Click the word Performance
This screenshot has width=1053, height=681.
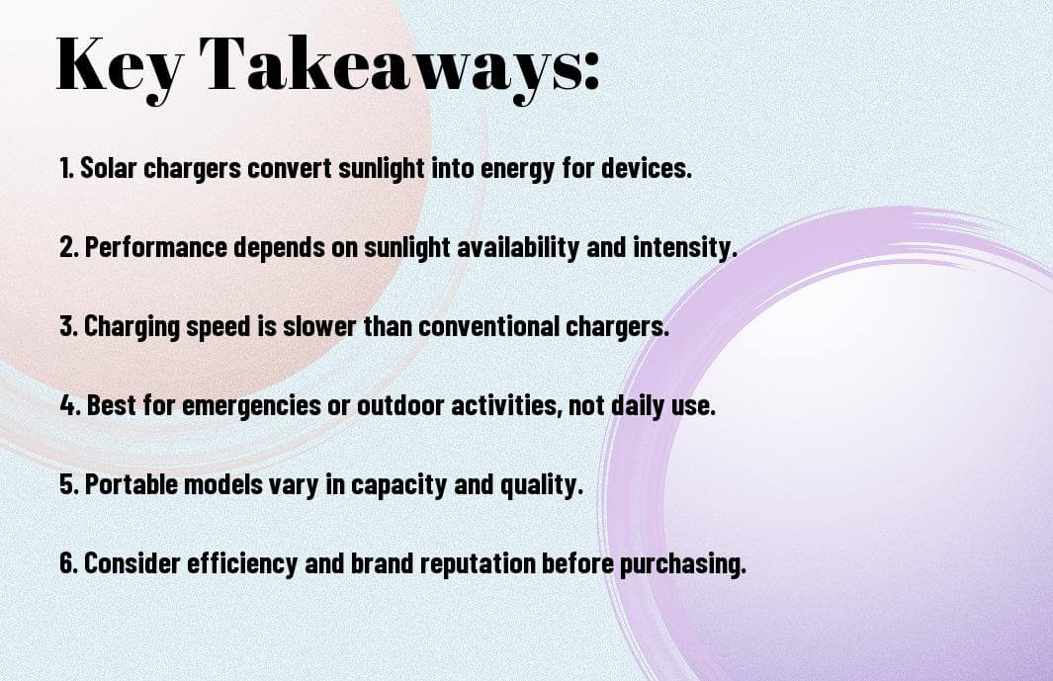point(156,247)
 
